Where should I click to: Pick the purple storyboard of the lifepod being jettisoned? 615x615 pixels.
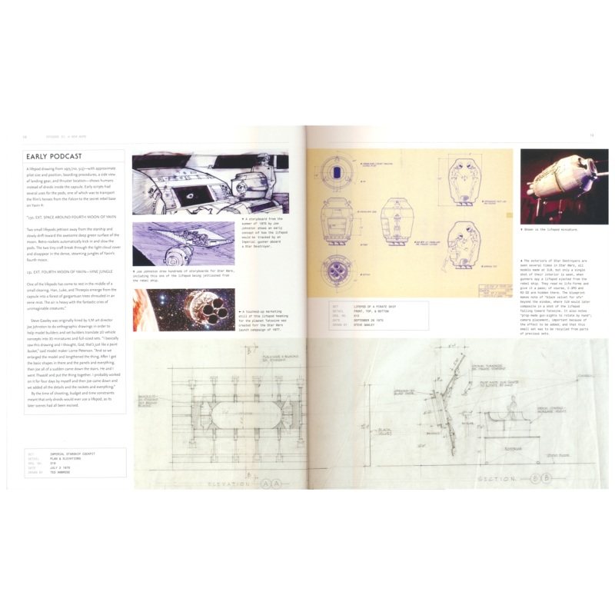tap(184, 244)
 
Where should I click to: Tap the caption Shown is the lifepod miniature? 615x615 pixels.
tap(552, 229)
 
